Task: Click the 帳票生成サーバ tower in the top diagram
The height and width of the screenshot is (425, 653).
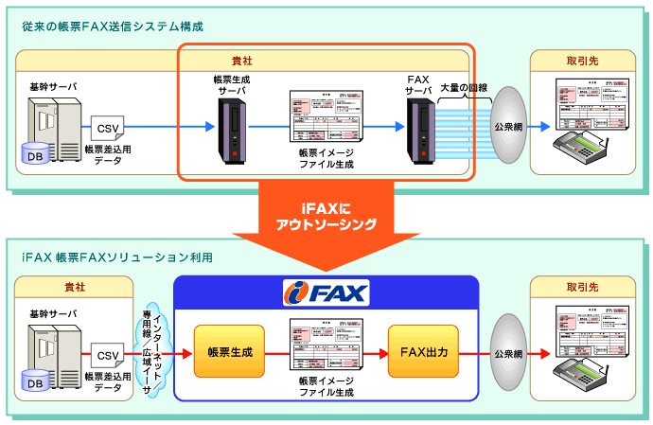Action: coord(230,128)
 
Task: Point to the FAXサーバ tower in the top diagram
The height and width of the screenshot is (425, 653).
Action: coord(419,128)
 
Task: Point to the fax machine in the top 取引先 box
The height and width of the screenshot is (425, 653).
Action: coord(578,148)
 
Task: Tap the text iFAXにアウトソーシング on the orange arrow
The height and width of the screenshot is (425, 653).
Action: coord(326,216)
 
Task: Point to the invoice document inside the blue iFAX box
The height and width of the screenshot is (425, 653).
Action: coord(325,346)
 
